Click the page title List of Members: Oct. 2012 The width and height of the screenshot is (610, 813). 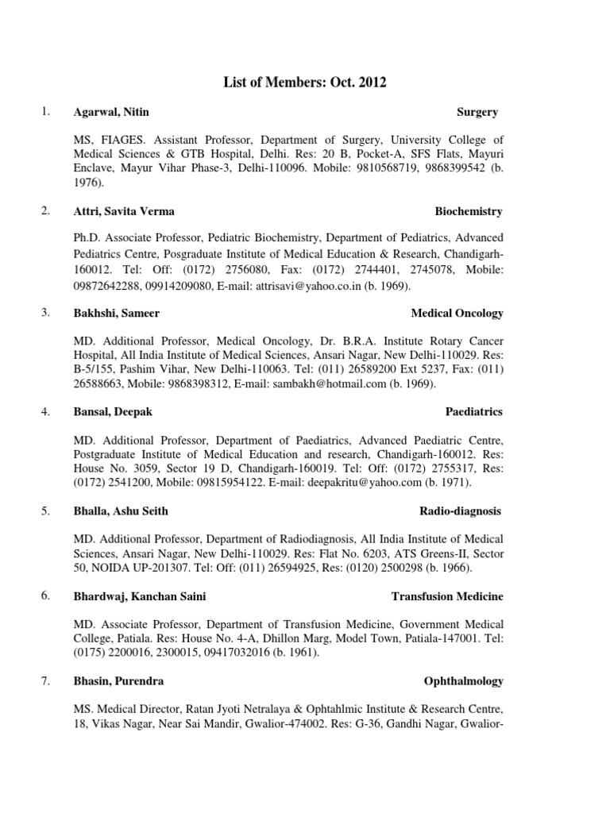[305, 82]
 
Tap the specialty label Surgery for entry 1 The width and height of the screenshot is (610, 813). [477, 113]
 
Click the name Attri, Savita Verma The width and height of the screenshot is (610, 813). [124, 211]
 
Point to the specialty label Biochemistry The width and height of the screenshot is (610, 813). [469, 211]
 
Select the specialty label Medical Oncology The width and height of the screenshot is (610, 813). [457, 313]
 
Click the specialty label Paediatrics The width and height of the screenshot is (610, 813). [474, 411]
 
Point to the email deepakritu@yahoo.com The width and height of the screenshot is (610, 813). [376, 482]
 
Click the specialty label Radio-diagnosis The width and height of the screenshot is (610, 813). [461, 511]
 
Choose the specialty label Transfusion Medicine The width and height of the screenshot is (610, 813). [447, 596]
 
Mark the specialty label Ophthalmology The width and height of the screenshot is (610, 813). [464, 681]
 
